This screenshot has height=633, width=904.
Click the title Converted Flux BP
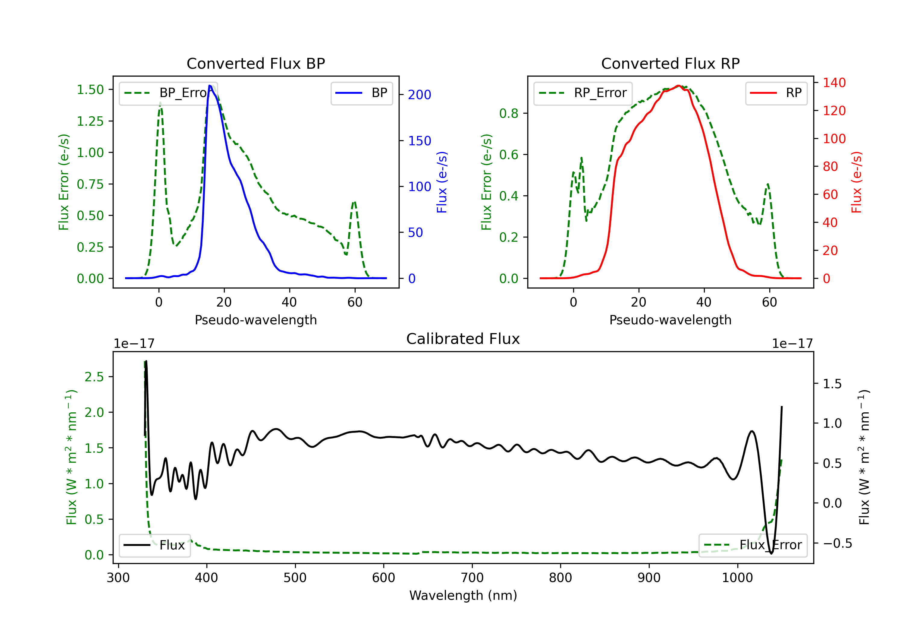256,63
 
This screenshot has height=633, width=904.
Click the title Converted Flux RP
670,63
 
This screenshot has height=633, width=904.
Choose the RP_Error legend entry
583,93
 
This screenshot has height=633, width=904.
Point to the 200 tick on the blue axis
419,95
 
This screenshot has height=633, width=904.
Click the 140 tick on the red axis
834,83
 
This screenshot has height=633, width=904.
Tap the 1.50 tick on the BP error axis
90,90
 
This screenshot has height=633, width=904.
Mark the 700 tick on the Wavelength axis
472,578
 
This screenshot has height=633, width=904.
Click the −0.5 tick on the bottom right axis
837,543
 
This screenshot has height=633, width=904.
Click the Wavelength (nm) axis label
463,595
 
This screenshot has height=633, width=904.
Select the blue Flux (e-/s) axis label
442,182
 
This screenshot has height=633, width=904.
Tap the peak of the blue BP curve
210,86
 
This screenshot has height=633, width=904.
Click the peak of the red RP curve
678,86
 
